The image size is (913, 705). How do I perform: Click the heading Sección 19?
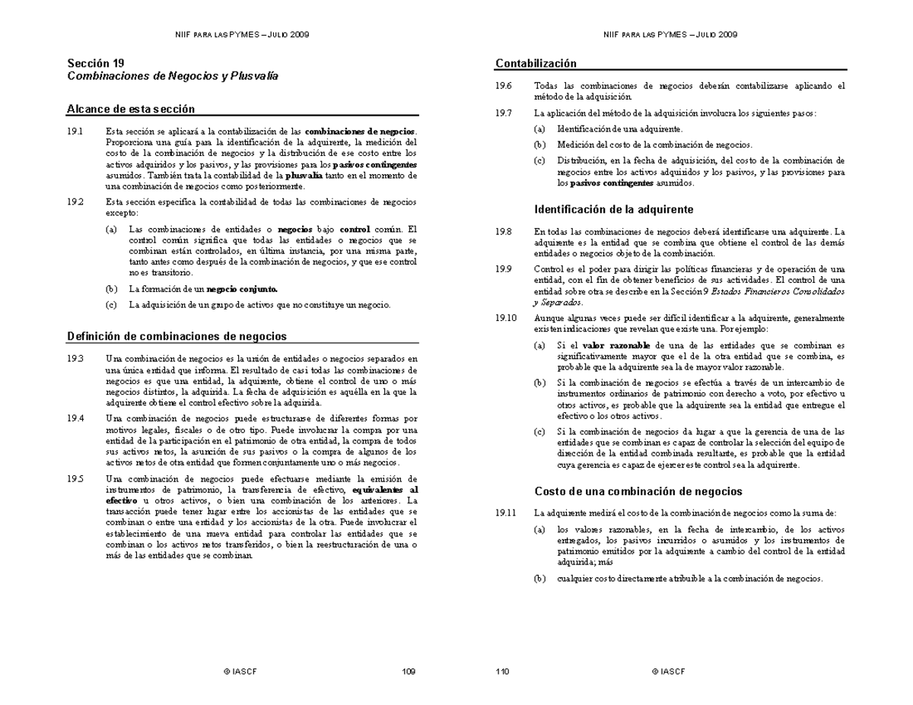(96, 63)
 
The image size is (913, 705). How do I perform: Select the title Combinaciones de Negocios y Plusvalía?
(173, 76)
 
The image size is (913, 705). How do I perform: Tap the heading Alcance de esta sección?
(131, 109)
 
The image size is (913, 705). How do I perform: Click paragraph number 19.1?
(75, 131)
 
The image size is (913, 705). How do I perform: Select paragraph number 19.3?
(75, 358)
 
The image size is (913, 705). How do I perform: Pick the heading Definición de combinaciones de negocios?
(177, 335)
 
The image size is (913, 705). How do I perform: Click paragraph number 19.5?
(75, 479)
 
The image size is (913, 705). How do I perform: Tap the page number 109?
(408, 672)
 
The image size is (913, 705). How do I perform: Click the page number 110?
(502, 672)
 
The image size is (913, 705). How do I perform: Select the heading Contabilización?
(536, 63)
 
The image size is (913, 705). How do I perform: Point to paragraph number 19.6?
(503, 86)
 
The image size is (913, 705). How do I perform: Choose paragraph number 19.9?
(503, 269)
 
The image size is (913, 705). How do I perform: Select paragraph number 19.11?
(505, 513)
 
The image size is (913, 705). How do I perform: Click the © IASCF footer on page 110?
(668, 672)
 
